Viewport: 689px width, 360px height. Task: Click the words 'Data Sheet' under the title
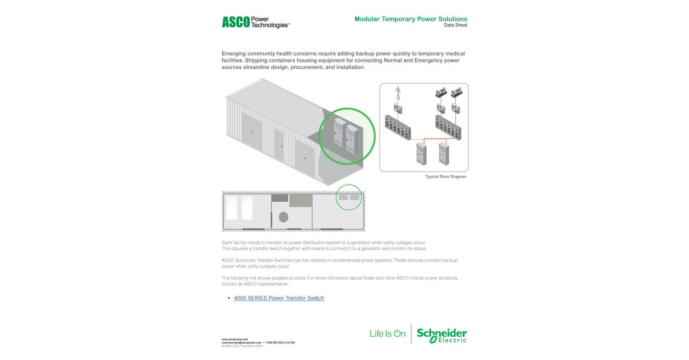(455, 25)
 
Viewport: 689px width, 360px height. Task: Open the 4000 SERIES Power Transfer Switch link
(279, 298)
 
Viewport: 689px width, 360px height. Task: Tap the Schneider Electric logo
(441, 335)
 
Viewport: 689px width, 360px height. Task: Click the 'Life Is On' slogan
(388, 334)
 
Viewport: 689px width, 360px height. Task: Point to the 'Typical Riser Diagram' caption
(445, 177)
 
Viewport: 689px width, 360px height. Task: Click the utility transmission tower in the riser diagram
(398, 93)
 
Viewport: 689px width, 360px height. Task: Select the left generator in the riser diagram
(441, 92)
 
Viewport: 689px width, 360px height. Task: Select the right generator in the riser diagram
(456, 92)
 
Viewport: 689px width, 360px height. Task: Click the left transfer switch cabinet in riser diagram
(421, 153)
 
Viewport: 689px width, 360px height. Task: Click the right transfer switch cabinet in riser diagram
(444, 153)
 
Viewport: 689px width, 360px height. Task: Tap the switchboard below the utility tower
(398, 127)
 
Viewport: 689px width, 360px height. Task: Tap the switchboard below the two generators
(448, 127)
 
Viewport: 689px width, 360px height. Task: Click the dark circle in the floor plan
(283, 217)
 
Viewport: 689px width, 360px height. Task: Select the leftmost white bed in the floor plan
(231, 208)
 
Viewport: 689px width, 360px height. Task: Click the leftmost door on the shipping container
(252, 132)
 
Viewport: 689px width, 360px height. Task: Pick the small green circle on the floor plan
(349, 197)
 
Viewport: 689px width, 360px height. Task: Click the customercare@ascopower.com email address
(241, 342)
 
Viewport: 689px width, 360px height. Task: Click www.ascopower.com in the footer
(235, 339)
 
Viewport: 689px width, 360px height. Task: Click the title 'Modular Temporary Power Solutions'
(411, 19)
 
